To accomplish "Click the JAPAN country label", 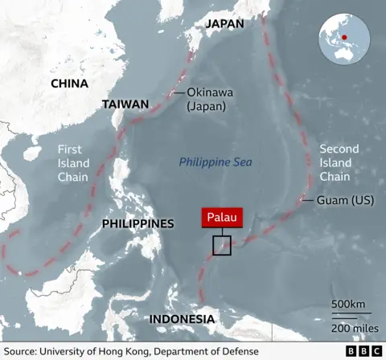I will [x=224, y=23].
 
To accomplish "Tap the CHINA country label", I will [x=69, y=83].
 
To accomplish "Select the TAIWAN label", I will [x=125, y=104].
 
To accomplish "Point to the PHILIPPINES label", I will [x=138, y=223].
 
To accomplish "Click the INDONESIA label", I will [x=181, y=320].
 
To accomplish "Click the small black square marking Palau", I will [x=222, y=246].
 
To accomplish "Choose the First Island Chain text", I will [x=74, y=162].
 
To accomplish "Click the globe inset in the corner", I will [x=344, y=39].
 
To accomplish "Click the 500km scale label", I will [x=348, y=304].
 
